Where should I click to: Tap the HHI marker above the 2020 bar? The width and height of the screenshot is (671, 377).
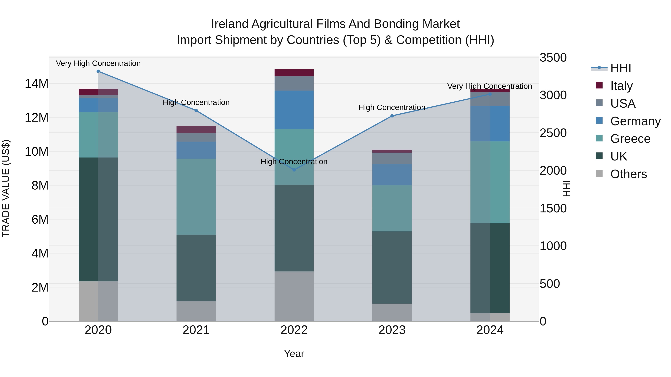click(x=98, y=71)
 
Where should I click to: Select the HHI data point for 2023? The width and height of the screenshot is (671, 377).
click(x=392, y=116)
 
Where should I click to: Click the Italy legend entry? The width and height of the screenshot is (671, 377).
click(x=621, y=86)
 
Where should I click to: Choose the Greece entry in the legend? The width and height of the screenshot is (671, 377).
click(x=630, y=139)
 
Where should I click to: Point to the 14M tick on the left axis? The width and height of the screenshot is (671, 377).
click(x=37, y=84)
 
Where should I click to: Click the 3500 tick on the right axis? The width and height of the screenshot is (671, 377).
click(x=553, y=58)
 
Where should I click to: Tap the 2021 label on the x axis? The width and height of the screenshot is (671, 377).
click(x=196, y=330)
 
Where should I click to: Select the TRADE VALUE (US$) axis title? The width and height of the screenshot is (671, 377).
click(x=6, y=188)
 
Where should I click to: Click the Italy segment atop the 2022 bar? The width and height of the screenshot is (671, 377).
click(x=294, y=73)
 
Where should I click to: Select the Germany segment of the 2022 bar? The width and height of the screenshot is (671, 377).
click(x=294, y=110)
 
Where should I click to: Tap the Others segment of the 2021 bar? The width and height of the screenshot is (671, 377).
click(x=196, y=311)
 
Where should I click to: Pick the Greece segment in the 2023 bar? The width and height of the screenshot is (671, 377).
click(x=392, y=208)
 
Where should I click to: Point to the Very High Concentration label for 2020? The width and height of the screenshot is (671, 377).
click(x=98, y=63)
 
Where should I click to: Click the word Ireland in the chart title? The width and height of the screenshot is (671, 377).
click(x=229, y=24)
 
